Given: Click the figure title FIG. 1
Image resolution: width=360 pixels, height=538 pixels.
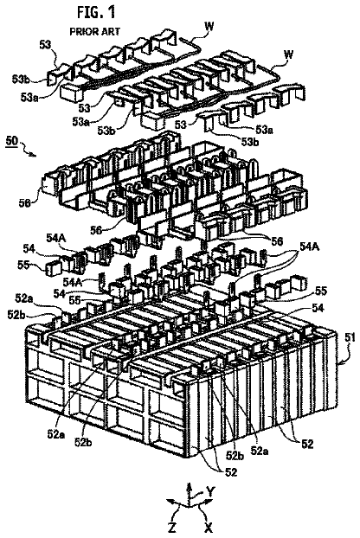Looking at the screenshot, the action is click(96, 12).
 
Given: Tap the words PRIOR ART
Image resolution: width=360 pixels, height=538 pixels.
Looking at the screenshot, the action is click(95, 31).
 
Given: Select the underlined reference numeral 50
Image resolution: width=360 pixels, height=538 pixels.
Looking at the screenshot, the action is click(12, 142).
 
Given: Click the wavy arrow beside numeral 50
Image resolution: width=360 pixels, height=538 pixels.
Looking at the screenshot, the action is click(29, 150).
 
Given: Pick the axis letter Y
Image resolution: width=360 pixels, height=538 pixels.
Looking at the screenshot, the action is click(210, 492).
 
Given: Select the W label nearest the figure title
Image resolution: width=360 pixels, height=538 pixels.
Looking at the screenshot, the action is click(209, 27).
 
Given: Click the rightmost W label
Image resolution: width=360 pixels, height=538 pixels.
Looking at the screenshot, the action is click(289, 54).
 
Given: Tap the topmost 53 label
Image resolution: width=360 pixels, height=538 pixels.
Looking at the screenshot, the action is click(45, 45).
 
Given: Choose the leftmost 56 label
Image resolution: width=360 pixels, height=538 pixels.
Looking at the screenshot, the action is click(25, 203).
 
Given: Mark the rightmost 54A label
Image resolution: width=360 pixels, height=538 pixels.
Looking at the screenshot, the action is click(310, 247).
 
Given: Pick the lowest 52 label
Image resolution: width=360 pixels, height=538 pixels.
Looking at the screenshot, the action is click(230, 472).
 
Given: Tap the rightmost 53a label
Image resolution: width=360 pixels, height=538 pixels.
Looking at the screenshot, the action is click(264, 130).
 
